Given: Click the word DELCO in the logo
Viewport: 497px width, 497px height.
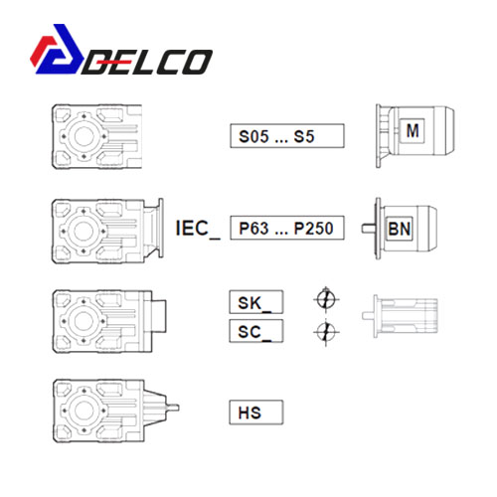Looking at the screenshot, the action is tap(147, 62).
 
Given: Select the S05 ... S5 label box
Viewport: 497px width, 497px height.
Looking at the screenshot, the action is tap(287, 136).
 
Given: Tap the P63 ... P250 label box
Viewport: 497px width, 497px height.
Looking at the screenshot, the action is tap(287, 228).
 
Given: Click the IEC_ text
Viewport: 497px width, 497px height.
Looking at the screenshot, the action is tap(198, 229).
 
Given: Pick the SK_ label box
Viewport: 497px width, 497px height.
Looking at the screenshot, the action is tap(256, 302).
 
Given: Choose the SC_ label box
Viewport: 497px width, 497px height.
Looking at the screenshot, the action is tap(256, 331).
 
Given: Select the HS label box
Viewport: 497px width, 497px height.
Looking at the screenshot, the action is tap(256, 413).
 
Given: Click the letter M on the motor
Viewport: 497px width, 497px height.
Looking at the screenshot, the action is tap(413, 130).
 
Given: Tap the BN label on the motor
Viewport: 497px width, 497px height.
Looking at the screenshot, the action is tap(400, 229).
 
